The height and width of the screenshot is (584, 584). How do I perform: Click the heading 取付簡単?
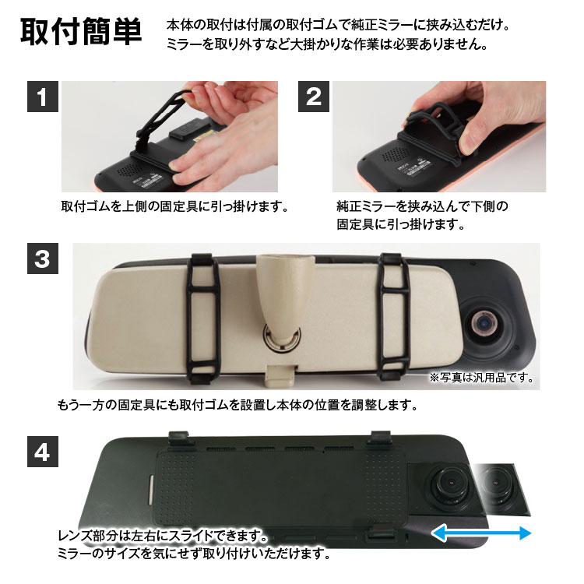pyautogui.click(x=81, y=32)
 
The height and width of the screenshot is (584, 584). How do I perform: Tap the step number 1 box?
pyautogui.click(x=43, y=97)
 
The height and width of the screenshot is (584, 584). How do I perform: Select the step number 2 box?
pyautogui.click(x=314, y=97)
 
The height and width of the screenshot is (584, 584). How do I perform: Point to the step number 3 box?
pyautogui.click(x=43, y=259)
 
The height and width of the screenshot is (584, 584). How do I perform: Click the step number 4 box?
pyautogui.click(x=43, y=452)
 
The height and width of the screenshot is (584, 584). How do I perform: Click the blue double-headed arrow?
pyautogui.click(x=481, y=533)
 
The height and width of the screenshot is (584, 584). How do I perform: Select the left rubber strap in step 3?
pyautogui.click(x=203, y=318)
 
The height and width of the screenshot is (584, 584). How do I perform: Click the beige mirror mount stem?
pyautogui.click(x=285, y=294)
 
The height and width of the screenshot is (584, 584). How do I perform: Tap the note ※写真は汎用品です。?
pyautogui.click(x=481, y=378)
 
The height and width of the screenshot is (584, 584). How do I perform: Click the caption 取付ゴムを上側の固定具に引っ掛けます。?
pyautogui.click(x=175, y=206)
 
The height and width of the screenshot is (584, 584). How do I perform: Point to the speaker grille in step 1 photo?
pyautogui.click(x=129, y=171)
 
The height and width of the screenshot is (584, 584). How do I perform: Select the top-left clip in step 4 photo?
pyautogui.click(x=181, y=438)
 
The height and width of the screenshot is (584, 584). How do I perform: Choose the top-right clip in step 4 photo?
pyautogui.click(x=381, y=438)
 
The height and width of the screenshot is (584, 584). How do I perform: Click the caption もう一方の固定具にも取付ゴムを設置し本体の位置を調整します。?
pyautogui.click(x=237, y=405)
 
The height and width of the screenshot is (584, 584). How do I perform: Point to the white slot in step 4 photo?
pyautogui.click(x=150, y=489)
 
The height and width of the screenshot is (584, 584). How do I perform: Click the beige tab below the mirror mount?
pyautogui.click(x=281, y=375)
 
